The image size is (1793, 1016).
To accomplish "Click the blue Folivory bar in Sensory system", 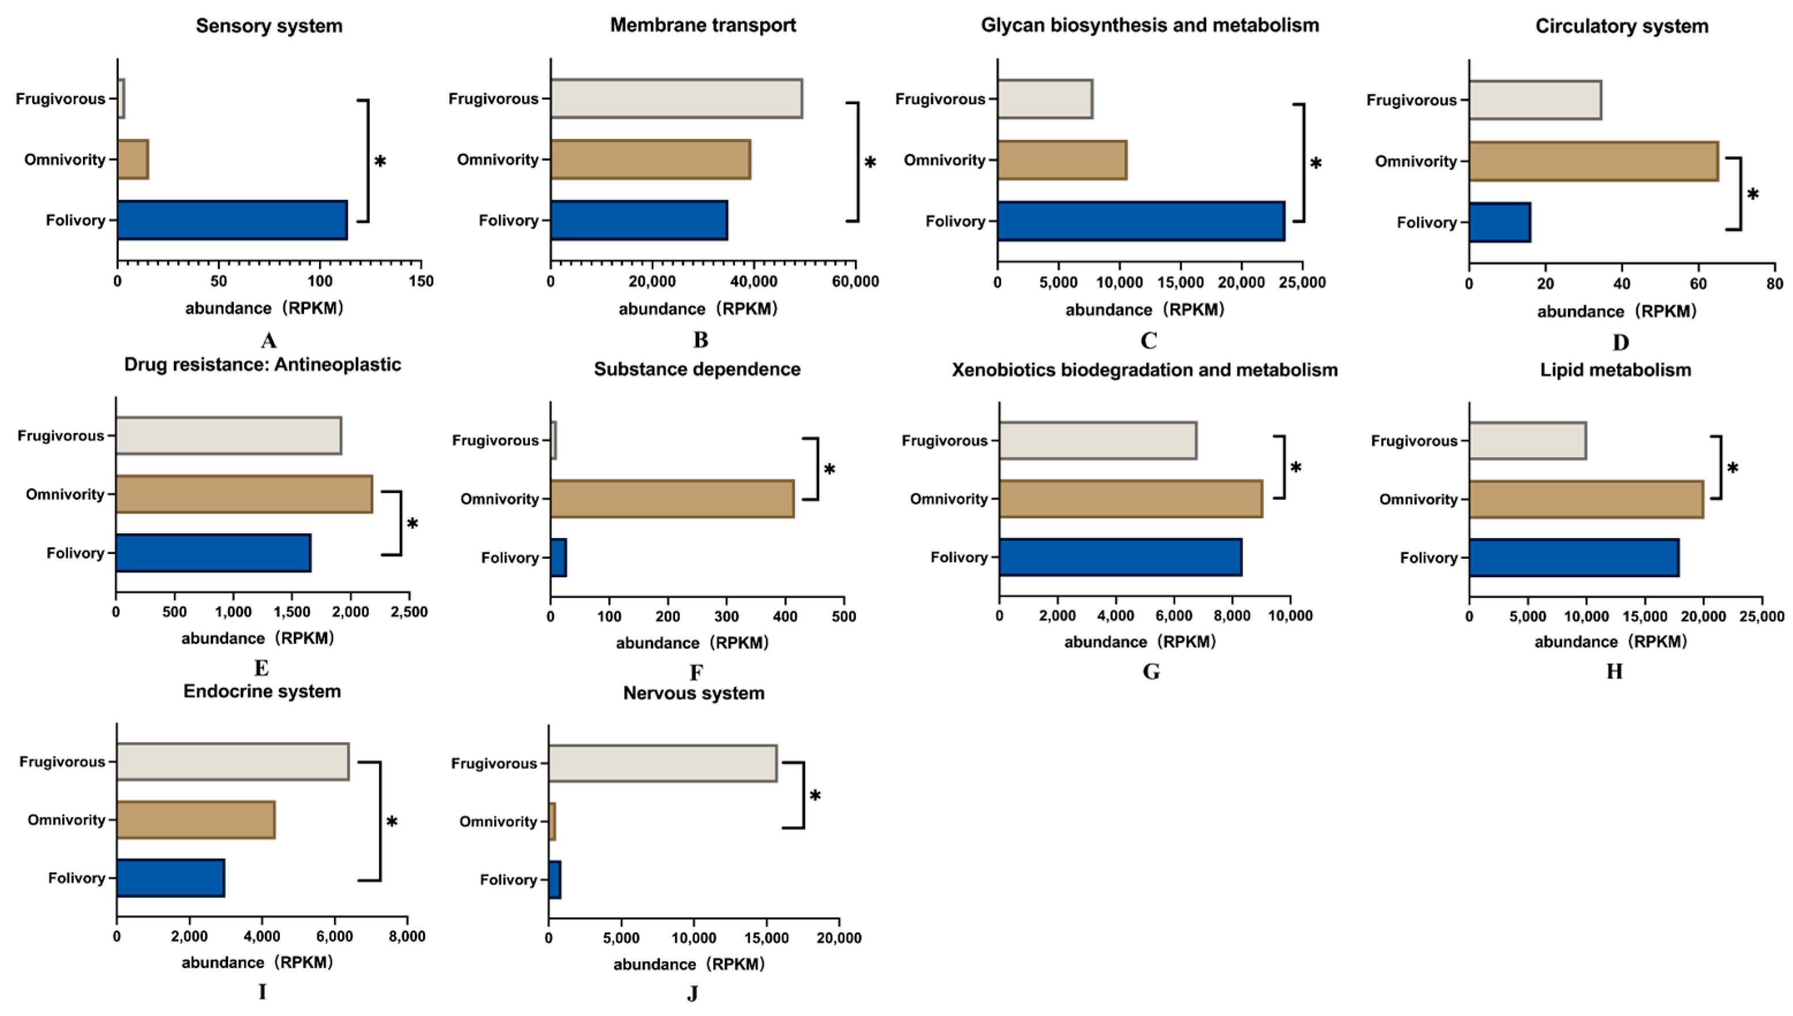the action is pos(232,221).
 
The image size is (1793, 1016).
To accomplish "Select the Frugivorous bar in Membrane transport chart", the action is pos(676,98).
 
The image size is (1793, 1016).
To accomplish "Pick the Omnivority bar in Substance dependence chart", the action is pos(672,499).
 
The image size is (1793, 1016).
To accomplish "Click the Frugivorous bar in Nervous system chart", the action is pos(662,763).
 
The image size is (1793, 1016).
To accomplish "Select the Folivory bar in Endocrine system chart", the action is pos(170,878).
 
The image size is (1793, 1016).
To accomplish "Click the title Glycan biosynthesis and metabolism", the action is pos(1150,25).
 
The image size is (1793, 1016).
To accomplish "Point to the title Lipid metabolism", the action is pos(1615,370).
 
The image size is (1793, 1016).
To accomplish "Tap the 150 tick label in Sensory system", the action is pos(420,281).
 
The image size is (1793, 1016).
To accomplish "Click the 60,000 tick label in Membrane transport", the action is pos(855,281).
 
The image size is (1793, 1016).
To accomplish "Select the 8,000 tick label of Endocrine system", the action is pos(407,937).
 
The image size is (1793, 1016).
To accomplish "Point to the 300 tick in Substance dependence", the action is pos(727,617).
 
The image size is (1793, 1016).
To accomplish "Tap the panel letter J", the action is pos(692,993).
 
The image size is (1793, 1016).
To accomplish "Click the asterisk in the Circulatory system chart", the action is pos(1753,195).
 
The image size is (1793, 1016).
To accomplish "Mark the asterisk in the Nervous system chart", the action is pos(814,796).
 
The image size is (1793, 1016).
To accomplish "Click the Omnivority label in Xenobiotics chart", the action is pos(949,499).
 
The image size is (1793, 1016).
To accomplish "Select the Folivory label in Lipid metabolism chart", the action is pos(1428,558).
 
